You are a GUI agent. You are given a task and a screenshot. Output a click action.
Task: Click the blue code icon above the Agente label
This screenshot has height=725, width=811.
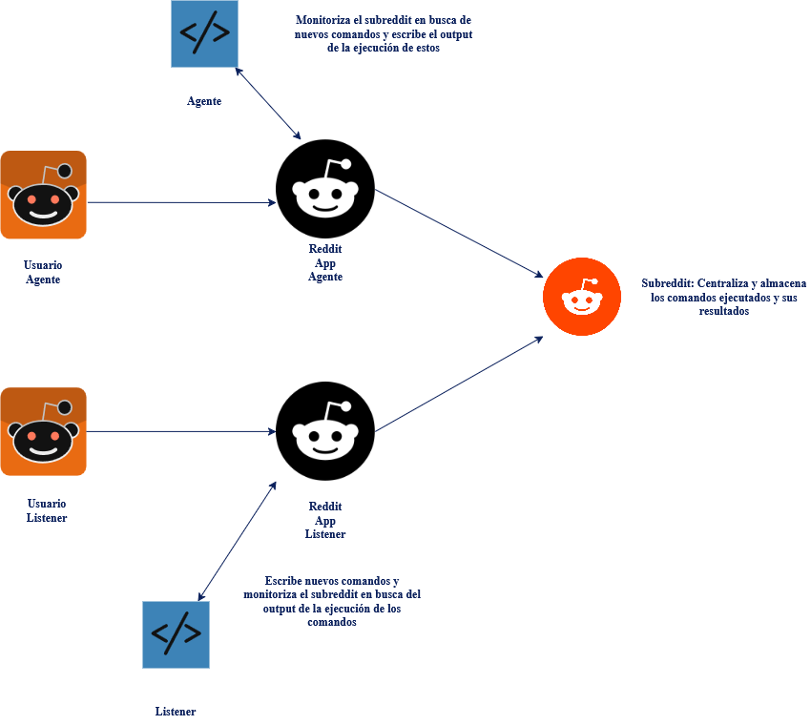pos(204,33)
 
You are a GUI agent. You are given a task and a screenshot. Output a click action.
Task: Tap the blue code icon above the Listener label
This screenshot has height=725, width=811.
pos(176,634)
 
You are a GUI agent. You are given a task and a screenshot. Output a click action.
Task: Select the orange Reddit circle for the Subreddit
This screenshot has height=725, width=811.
pos(582,297)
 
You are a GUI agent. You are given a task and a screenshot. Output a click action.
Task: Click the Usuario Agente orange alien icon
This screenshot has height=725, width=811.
pos(43,196)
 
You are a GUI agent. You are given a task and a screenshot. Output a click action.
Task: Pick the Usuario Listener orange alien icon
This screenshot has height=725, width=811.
pos(43,431)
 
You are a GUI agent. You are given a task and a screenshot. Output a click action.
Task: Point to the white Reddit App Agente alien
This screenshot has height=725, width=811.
pos(325,191)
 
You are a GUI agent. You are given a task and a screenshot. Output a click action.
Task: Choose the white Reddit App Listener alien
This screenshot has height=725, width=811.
pos(325,432)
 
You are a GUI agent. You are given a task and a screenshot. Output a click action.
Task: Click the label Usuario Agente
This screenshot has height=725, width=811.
pos(43,272)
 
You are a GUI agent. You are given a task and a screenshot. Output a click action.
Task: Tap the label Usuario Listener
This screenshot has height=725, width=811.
pos(47,510)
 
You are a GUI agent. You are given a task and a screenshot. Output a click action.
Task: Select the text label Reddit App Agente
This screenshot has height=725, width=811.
pos(325,262)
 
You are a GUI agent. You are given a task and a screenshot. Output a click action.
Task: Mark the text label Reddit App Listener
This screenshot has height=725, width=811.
pos(325,520)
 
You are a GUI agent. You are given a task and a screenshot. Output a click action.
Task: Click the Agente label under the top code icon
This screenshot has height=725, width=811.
pos(204,101)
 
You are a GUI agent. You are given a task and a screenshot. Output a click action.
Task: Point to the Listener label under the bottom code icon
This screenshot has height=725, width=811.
pos(176,712)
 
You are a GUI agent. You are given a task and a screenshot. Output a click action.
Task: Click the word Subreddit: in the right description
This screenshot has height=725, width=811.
pos(667,283)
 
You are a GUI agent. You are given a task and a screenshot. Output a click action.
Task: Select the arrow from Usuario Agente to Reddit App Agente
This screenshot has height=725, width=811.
pos(181,202)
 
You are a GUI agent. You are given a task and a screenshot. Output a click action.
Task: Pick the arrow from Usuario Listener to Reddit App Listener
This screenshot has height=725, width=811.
pos(181,431)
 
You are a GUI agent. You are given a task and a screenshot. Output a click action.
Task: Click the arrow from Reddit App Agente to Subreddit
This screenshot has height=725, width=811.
pos(458,234)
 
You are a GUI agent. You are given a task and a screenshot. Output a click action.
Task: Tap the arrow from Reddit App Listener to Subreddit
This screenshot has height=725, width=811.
pos(458,383)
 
